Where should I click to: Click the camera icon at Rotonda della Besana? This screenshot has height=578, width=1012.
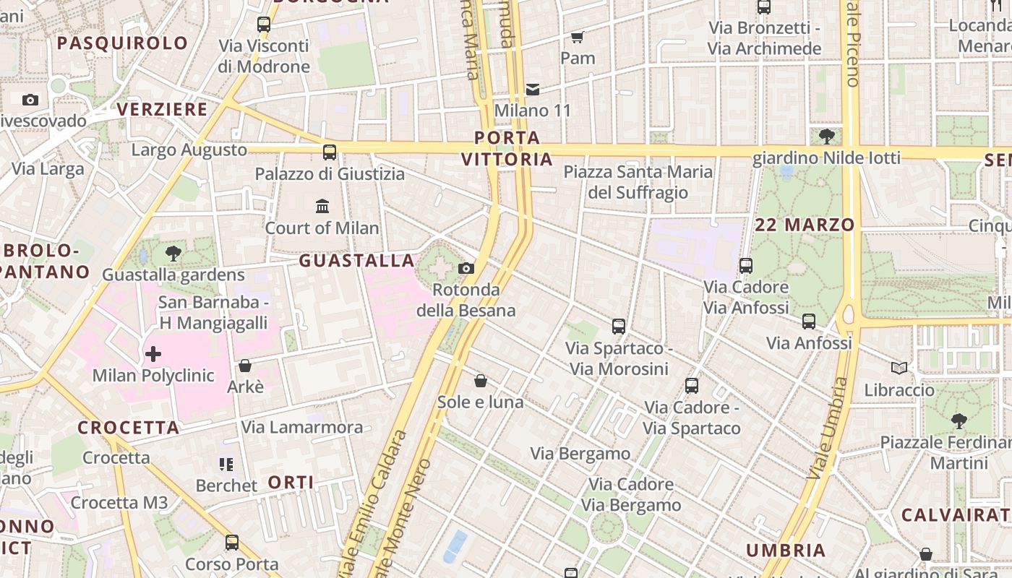click(466, 269)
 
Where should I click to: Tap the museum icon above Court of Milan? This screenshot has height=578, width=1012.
click(322, 207)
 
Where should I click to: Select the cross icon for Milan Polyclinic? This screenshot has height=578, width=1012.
click(153, 354)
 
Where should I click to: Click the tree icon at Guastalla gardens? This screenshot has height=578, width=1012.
click(173, 254)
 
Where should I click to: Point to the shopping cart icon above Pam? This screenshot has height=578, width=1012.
click(577, 37)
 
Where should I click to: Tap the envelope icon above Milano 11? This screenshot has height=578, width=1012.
click(533, 90)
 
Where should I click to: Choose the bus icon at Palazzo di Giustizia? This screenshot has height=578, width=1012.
click(330, 152)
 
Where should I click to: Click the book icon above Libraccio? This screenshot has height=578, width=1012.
click(899, 368)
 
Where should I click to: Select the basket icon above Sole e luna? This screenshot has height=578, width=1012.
click(481, 381)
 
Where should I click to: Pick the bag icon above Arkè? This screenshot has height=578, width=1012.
click(245, 366)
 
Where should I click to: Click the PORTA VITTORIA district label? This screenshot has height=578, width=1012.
click(507, 148)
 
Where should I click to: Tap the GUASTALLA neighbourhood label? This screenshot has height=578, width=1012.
click(357, 260)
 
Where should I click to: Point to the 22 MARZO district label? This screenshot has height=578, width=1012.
click(805, 225)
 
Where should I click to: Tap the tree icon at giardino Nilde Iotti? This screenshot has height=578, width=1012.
click(827, 136)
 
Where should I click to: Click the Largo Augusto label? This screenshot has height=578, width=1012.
click(189, 150)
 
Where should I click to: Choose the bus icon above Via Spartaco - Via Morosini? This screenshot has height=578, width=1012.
click(619, 327)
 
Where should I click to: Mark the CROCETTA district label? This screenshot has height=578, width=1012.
click(129, 428)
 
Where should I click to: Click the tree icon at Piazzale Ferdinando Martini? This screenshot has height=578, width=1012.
click(959, 420)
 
